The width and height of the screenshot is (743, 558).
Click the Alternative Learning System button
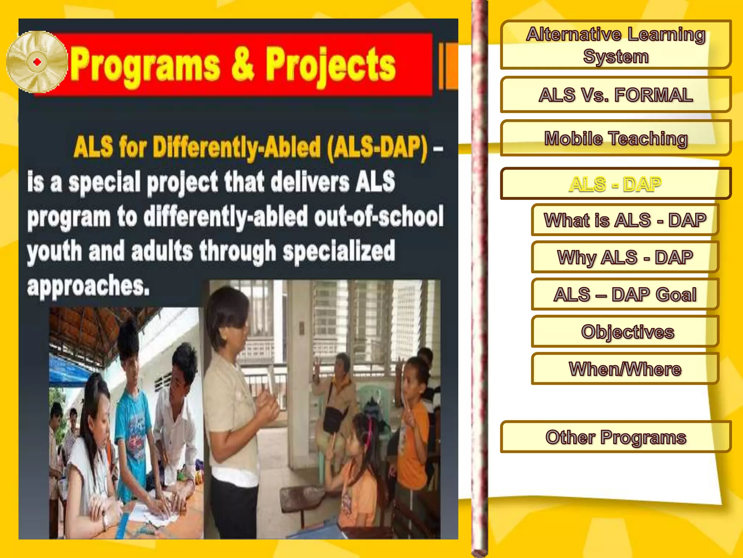tap(615, 45)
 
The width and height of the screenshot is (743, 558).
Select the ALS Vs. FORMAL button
tap(615, 94)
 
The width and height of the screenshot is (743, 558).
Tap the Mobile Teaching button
tap(615, 138)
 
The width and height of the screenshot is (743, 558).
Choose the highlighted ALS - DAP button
tap(615, 184)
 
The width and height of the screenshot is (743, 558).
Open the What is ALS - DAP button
tap(625, 220)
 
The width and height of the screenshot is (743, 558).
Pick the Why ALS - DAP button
tap(625, 257)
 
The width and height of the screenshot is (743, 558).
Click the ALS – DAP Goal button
tap(625, 294)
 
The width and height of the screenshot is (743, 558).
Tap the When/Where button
tap(625, 369)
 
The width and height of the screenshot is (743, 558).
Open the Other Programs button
tap(615, 437)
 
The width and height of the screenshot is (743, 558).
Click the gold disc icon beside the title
tap(37, 62)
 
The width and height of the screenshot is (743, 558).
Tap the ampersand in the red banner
tap(242, 65)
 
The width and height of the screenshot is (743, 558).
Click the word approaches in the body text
tap(88, 286)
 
